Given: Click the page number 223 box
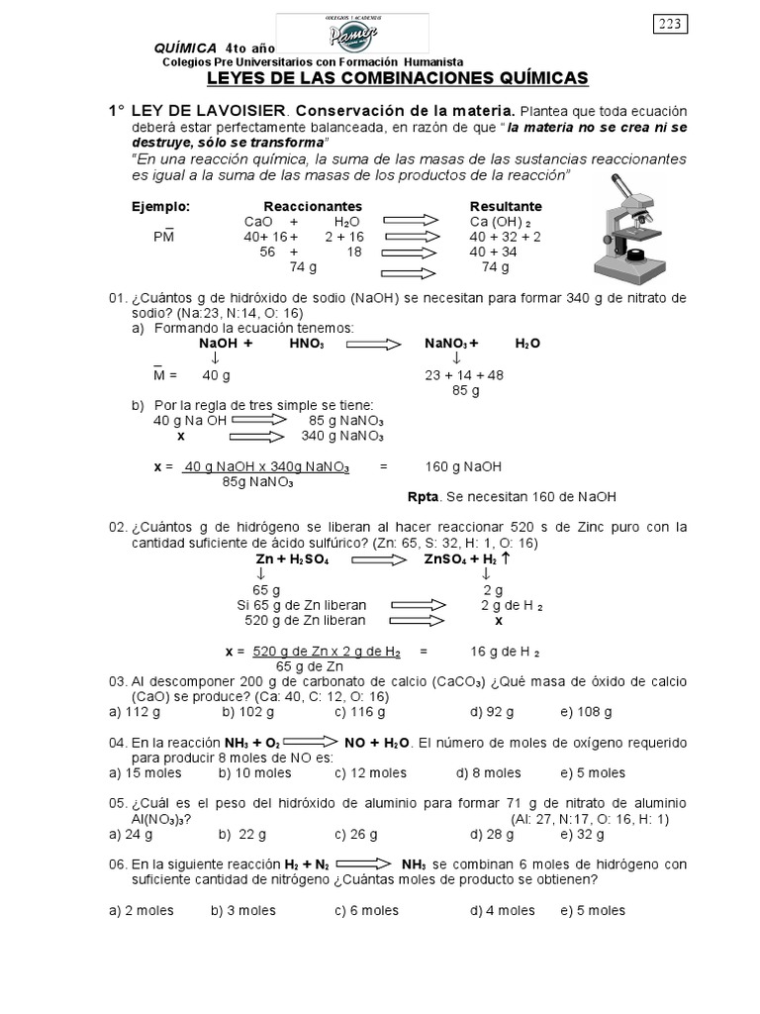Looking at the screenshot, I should click(670, 25).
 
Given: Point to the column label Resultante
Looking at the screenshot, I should click(505, 206).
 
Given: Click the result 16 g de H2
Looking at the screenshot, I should click(505, 652).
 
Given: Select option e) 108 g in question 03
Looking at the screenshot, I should click(587, 711).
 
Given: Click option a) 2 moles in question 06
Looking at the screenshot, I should click(141, 910).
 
